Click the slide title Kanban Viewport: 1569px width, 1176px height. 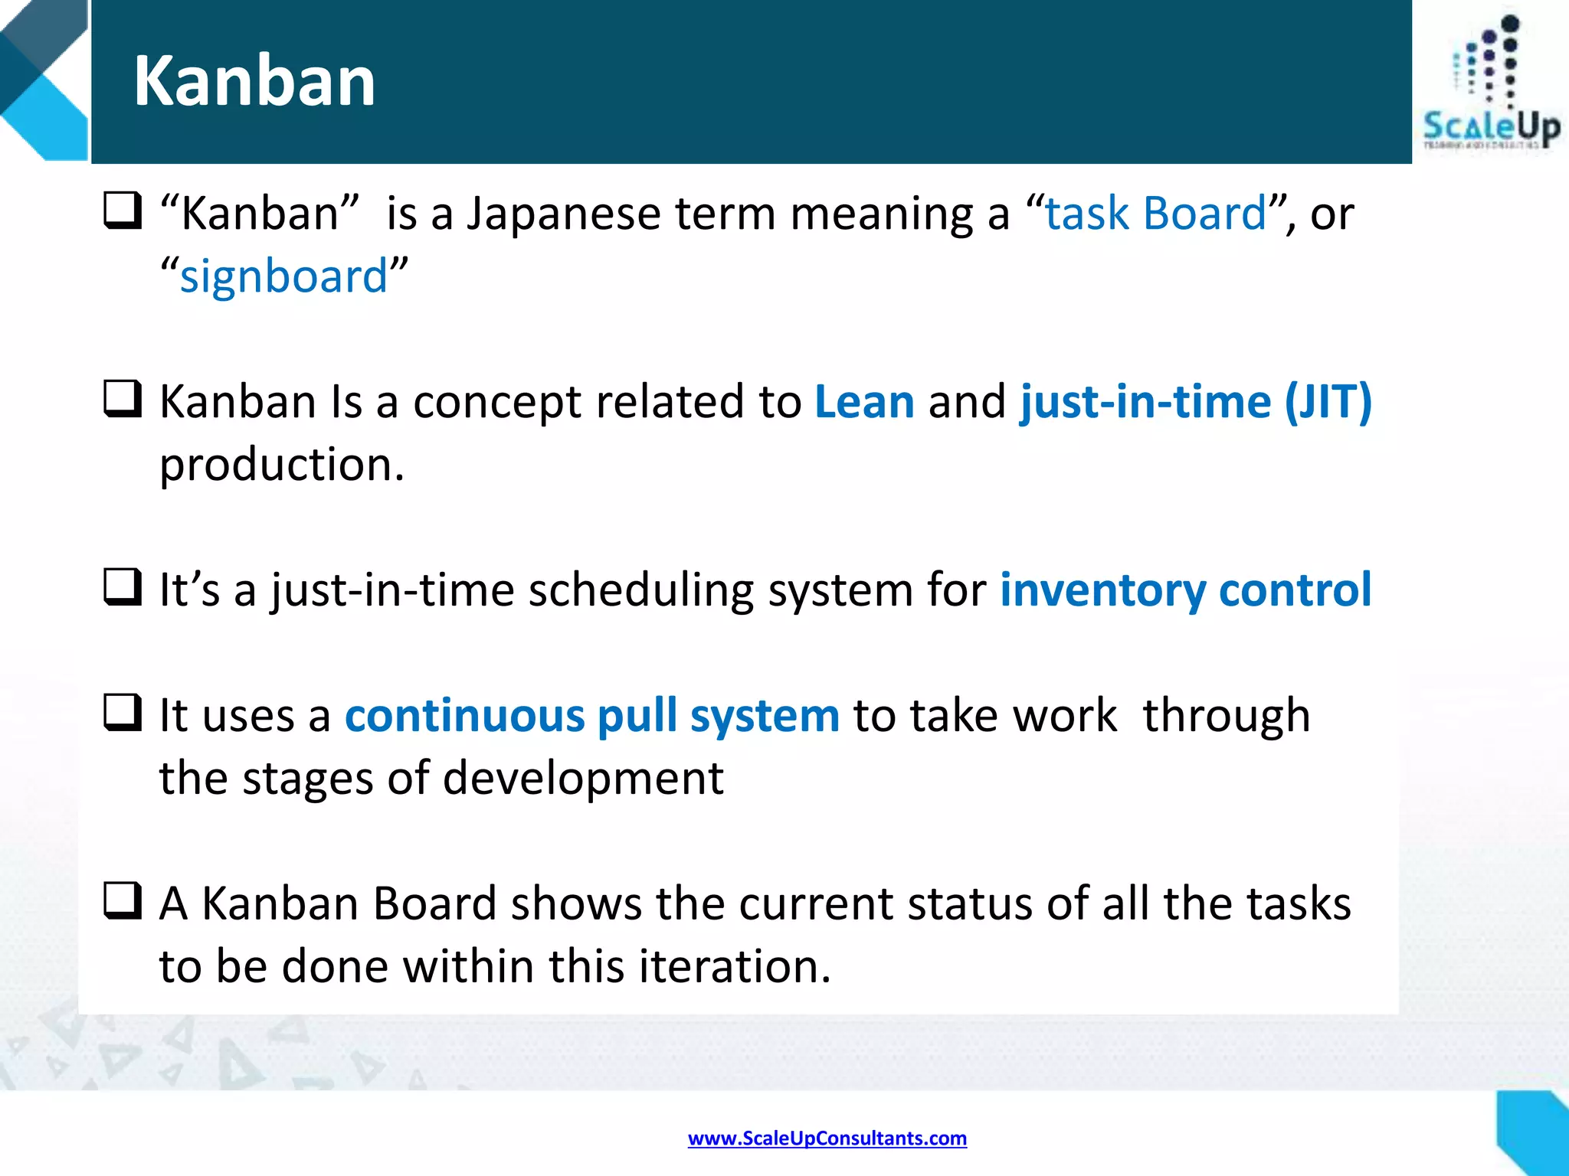click(x=254, y=81)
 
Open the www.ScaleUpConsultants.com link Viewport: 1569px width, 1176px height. click(x=827, y=1138)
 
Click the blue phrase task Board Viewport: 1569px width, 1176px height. click(x=1155, y=213)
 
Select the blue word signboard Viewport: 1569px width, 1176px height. click(x=283, y=276)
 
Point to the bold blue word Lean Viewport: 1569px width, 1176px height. click(x=864, y=401)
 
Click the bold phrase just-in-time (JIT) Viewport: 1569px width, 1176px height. click(x=1195, y=401)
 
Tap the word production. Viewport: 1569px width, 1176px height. click(x=280, y=465)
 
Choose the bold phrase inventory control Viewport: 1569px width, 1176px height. click(x=1185, y=590)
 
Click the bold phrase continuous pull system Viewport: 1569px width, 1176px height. click(x=591, y=715)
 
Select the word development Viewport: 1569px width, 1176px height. click(x=583, y=778)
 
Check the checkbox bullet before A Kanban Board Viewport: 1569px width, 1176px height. click(x=123, y=900)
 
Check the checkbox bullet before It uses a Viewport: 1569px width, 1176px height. click(x=123, y=712)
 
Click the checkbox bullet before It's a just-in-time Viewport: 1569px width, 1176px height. click(x=123, y=587)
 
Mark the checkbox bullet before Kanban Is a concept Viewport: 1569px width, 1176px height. click(x=123, y=399)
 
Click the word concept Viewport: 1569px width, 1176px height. click(x=496, y=403)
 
